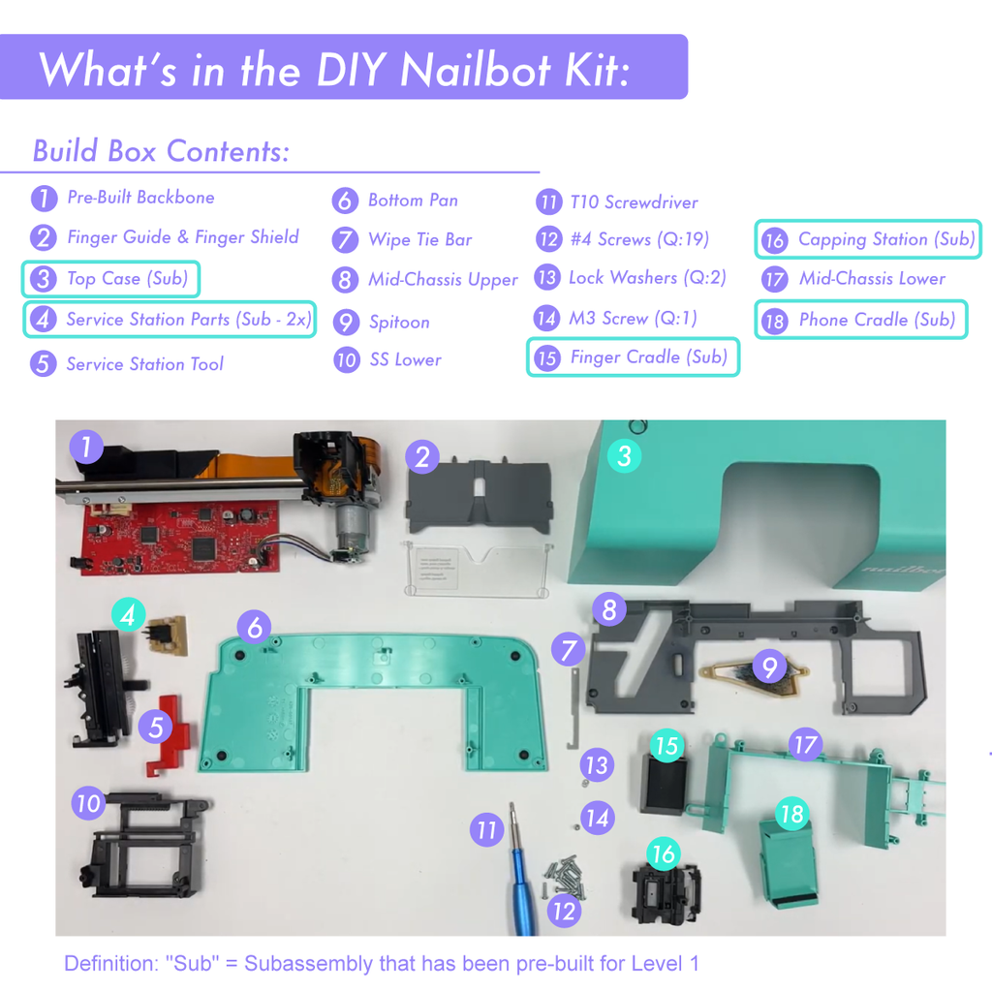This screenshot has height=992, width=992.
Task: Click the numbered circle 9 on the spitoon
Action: click(769, 666)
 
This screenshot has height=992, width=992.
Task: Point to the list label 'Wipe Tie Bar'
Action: click(420, 240)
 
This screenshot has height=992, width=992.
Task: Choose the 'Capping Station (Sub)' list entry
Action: click(867, 239)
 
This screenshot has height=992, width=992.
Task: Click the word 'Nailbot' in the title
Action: click(476, 69)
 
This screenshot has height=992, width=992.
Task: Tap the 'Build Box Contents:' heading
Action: click(162, 151)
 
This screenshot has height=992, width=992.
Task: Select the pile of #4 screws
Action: click(565, 877)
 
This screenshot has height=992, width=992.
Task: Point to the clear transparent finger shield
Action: click(477, 569)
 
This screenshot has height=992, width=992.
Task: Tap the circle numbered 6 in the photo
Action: click(255, 627)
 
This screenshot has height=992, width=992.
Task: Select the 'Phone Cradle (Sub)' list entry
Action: click(861, 320)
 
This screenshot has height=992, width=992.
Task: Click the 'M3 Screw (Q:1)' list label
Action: click(633, 318)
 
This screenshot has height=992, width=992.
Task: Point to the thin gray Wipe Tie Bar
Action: click(574, 708)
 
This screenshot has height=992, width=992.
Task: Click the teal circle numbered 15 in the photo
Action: click(666, 746)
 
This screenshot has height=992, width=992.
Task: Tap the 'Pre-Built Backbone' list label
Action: click(140, 198)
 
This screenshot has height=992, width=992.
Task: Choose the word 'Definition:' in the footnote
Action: click(110, 964)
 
